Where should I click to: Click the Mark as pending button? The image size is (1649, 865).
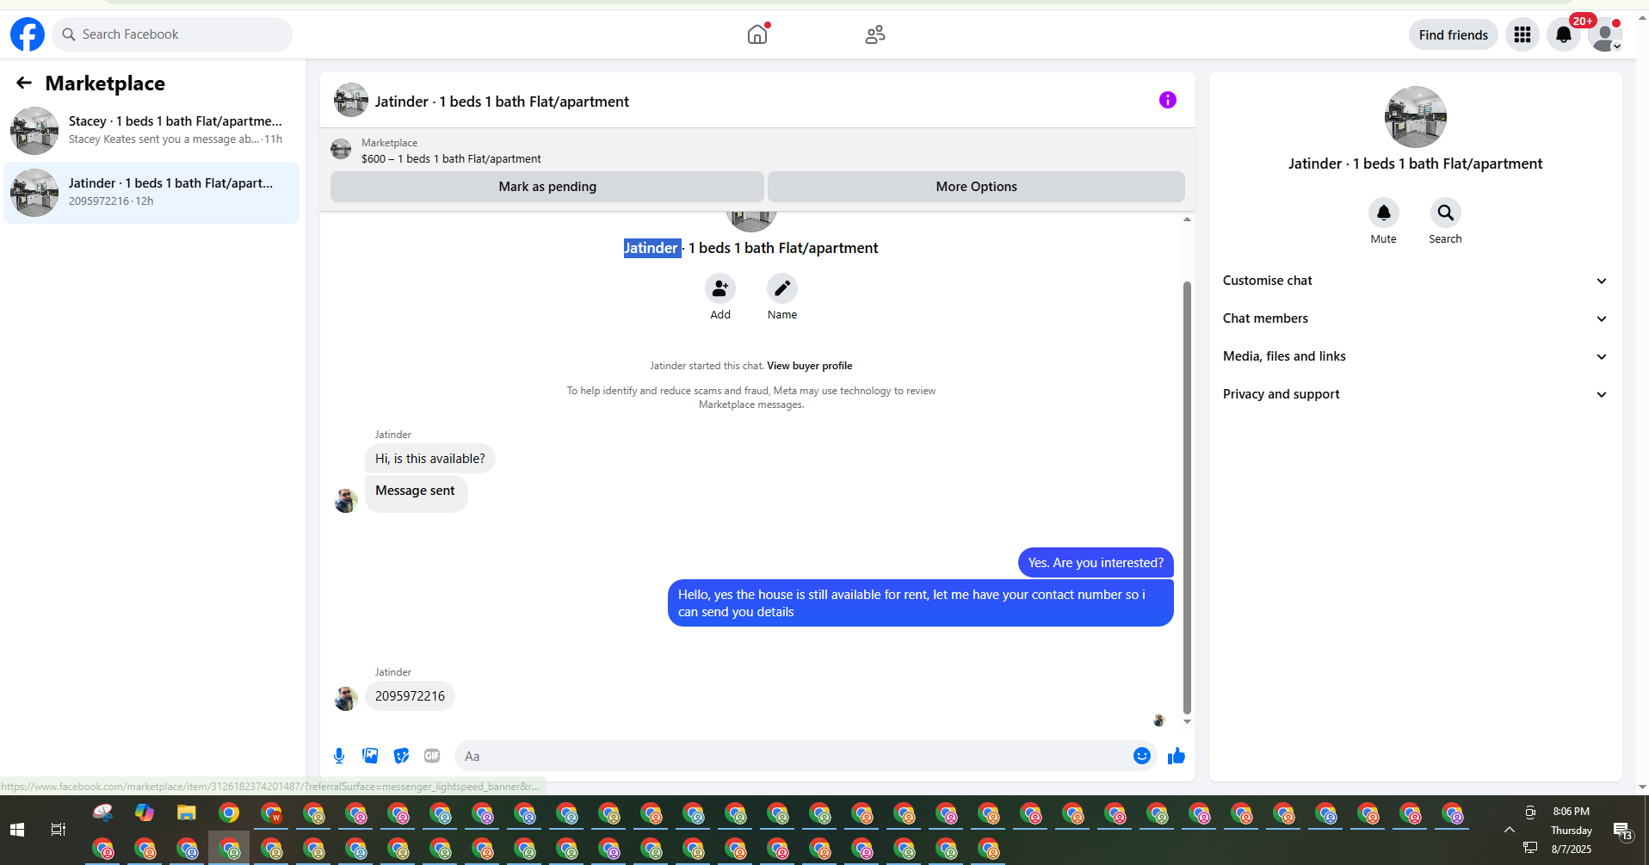[x=547, y=187]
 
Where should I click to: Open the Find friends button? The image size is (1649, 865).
[x=1453, y=34]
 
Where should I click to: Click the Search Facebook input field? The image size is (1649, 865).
[x=172, y=34]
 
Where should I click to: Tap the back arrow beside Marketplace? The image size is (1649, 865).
[x=24, y=83]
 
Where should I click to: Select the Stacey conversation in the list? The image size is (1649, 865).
[x=151, y=130]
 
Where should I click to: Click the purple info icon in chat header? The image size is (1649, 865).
[x=1167, y=100]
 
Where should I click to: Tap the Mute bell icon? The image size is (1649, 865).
[x=1383, y=213]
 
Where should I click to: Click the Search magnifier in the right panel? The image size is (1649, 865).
[x=1445, y=213]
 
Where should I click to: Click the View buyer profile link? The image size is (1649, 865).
[x=809, y=366]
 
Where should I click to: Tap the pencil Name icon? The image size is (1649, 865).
[x=781, y=288]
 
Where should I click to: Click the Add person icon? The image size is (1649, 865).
[x=720, y=288]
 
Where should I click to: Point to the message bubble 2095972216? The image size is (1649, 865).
[x=410, y=696]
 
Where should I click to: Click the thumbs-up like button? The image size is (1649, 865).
[x=1176, y=756]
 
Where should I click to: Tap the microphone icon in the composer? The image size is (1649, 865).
[x=339, y=756]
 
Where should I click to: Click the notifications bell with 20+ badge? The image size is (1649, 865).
[x=1563, y=34]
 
